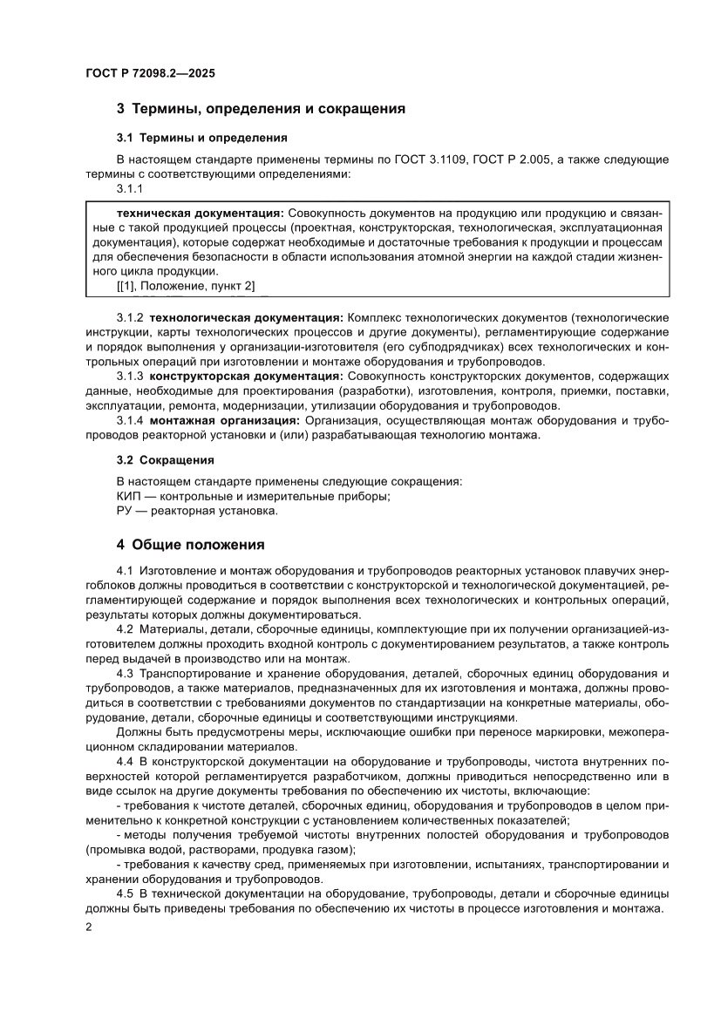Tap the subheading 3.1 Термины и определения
[201, 138]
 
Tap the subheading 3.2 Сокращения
[165, 459]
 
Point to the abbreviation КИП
[129, 496]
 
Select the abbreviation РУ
[125, 511]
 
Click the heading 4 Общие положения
[190, 546]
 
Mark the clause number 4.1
[125, 569]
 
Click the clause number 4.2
[125, 629]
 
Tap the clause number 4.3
[125, 674]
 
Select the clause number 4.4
[125, 762]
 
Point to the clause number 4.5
[125, 894]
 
